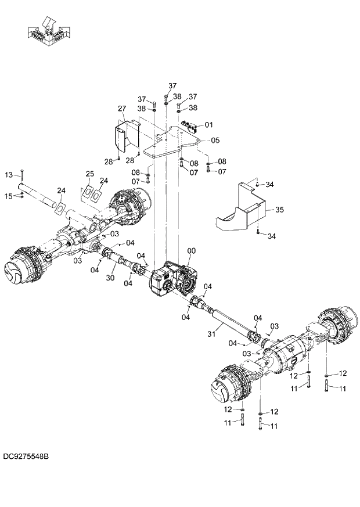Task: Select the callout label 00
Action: click(x=191, y=251)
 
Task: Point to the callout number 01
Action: click(x=209, y=124)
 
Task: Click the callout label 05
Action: click(x=215, y=140)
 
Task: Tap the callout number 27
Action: click(x=121, y=109)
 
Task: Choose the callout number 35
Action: click(x=279, y=209)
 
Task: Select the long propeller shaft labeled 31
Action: click(x=229, y=322)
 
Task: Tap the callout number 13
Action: click(x=9, y=175)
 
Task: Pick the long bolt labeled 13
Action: click(x=21, y=176)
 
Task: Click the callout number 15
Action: click(x=9, y=196)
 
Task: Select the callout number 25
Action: click(x=89, y=174)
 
